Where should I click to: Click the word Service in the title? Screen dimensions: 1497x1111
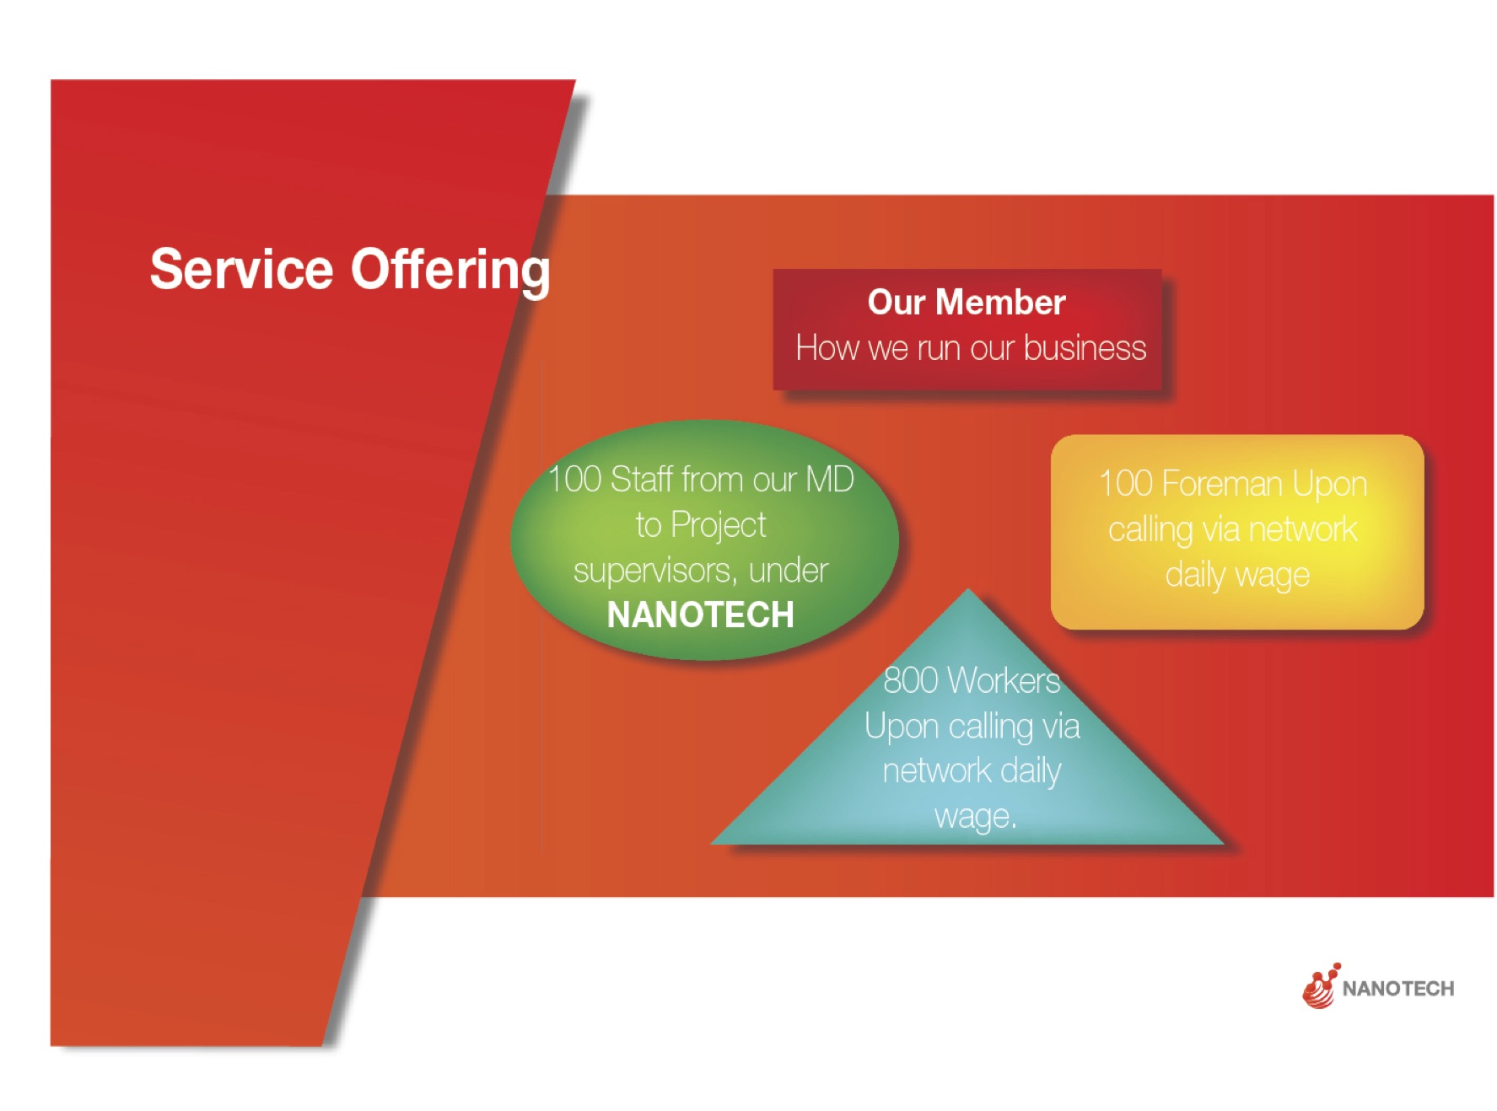(242, 270)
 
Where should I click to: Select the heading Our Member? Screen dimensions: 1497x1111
(967, 302)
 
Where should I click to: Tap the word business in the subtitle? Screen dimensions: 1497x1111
(1085, 348)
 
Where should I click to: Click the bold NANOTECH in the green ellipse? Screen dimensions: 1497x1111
(700, 615)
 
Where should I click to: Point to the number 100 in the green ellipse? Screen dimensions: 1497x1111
(574, 480)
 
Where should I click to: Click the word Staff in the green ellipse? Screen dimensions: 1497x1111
(642, 479)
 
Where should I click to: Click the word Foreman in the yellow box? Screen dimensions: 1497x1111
(1221, 484)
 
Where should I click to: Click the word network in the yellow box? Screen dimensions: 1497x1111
(1303, 529)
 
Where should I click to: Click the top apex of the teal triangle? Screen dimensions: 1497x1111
(968, 588)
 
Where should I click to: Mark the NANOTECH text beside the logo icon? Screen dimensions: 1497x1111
(1397, 989)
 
